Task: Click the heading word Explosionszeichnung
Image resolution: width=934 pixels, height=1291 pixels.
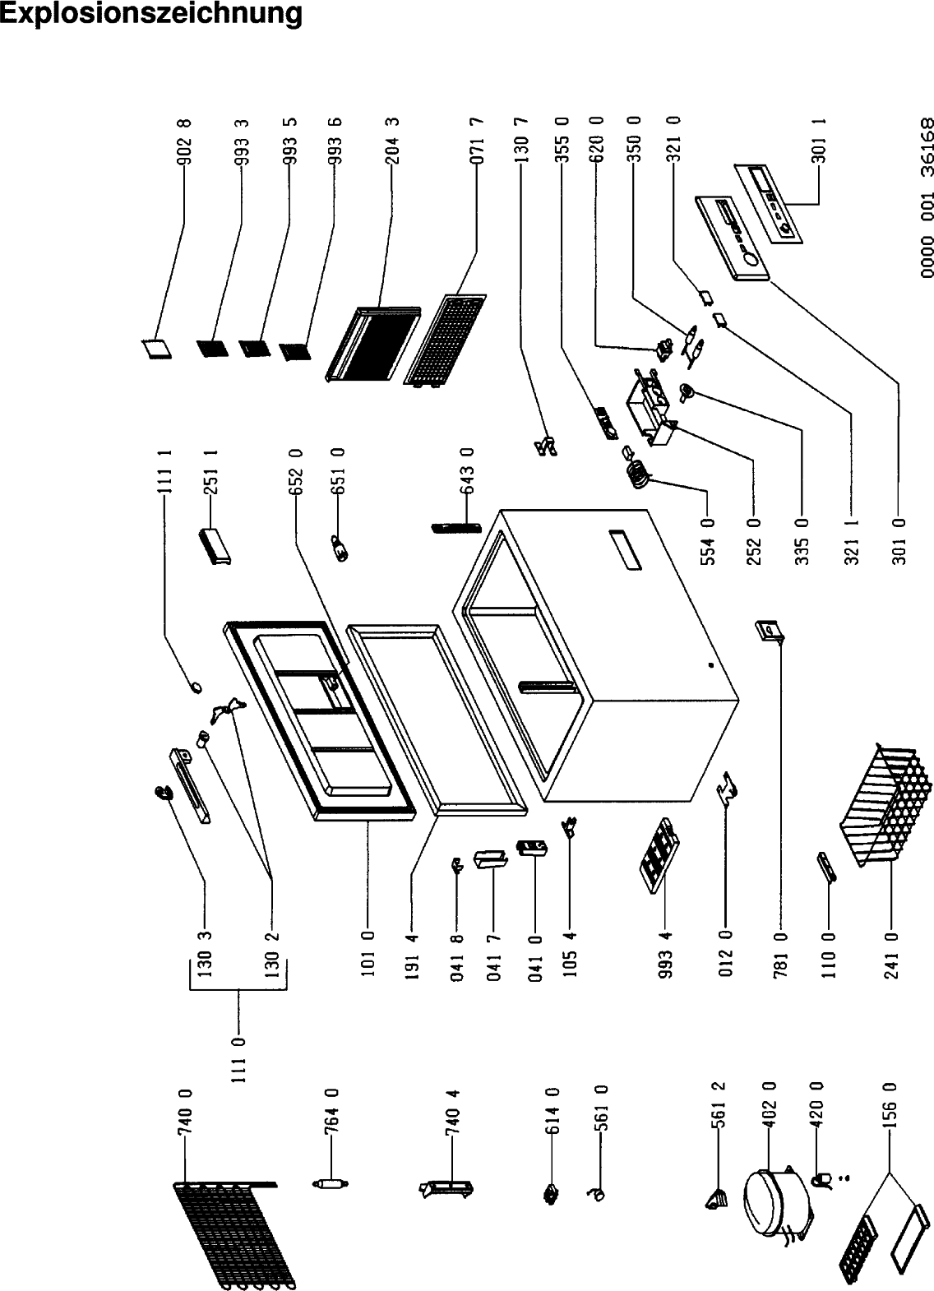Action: click(151, 14)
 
